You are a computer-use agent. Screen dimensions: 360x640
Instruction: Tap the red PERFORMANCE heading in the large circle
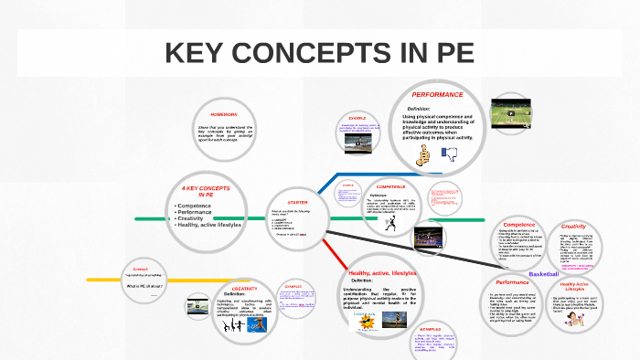point(438,95)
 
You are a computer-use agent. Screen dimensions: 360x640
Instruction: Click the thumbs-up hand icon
point(421,156)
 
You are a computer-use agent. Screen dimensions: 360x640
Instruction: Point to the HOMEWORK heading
point(223,114)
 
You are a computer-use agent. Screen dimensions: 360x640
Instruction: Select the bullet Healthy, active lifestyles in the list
point(209,224)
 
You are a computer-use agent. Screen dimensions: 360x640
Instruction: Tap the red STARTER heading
point(297,202)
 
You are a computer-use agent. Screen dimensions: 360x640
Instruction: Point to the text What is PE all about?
point(144,286)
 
